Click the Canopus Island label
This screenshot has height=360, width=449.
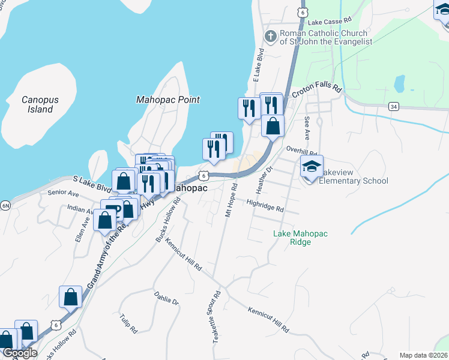[x=37, y=104]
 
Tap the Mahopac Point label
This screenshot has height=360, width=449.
[x=167, y=100]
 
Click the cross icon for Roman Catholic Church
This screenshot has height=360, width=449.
[x=271, y=37]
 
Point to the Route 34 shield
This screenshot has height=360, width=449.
[x=394, y=106]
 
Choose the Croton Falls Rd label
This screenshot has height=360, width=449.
[x=316, y=91]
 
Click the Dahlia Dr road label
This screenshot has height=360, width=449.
[x=167, y=298]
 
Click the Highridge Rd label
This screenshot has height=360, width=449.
[x=265, y=206]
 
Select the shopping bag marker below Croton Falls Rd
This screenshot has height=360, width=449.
[x=273, y=126]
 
